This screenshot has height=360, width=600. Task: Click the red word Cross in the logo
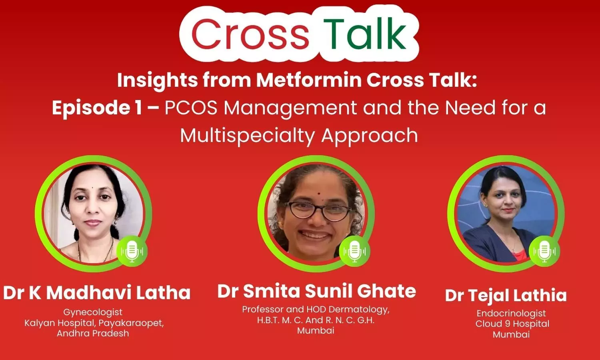coord(250,34)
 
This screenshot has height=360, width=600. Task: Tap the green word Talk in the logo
coord(365,34)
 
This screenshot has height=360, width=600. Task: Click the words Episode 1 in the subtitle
coord(97,108)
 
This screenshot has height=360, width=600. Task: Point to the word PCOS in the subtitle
coord(191,108)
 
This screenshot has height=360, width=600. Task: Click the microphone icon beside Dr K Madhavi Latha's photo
coord(132,251)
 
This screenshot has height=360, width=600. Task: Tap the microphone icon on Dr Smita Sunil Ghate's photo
coord(355,251)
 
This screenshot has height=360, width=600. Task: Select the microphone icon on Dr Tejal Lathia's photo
coord(544,251)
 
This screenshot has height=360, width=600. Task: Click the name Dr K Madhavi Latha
coord(97,293)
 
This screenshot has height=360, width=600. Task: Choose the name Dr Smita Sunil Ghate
coord(317,291)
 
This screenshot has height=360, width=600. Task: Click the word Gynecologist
coord(93,312)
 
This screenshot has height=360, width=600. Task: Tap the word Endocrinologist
coord(511,313)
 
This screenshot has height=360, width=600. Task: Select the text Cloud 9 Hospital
coord(512,324)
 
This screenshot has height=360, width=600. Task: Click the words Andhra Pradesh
coord(93,334)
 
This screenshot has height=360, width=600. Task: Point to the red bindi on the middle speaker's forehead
coord(318,193)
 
